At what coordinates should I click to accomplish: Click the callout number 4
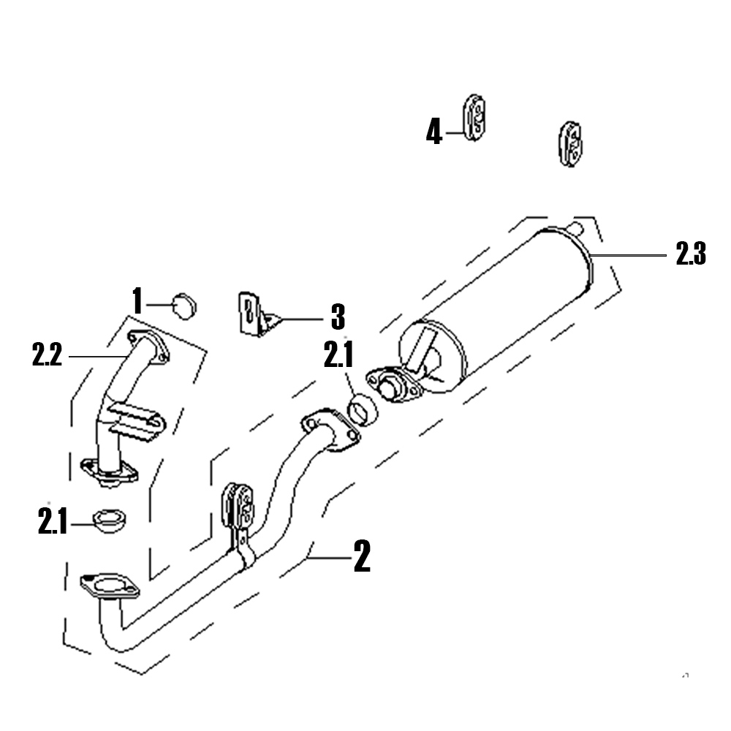click(x=433, y=132)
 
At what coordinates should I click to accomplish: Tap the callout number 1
click(x=137, y=300)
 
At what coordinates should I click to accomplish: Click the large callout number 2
click(x=363, y=556)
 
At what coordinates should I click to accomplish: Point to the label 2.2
click(x=47, y=354)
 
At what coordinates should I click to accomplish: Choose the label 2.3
click(x=691, y=254)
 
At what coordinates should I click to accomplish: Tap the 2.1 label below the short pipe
click(x=53, y=520)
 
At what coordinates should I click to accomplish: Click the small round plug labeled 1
click(x=185, y=306)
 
